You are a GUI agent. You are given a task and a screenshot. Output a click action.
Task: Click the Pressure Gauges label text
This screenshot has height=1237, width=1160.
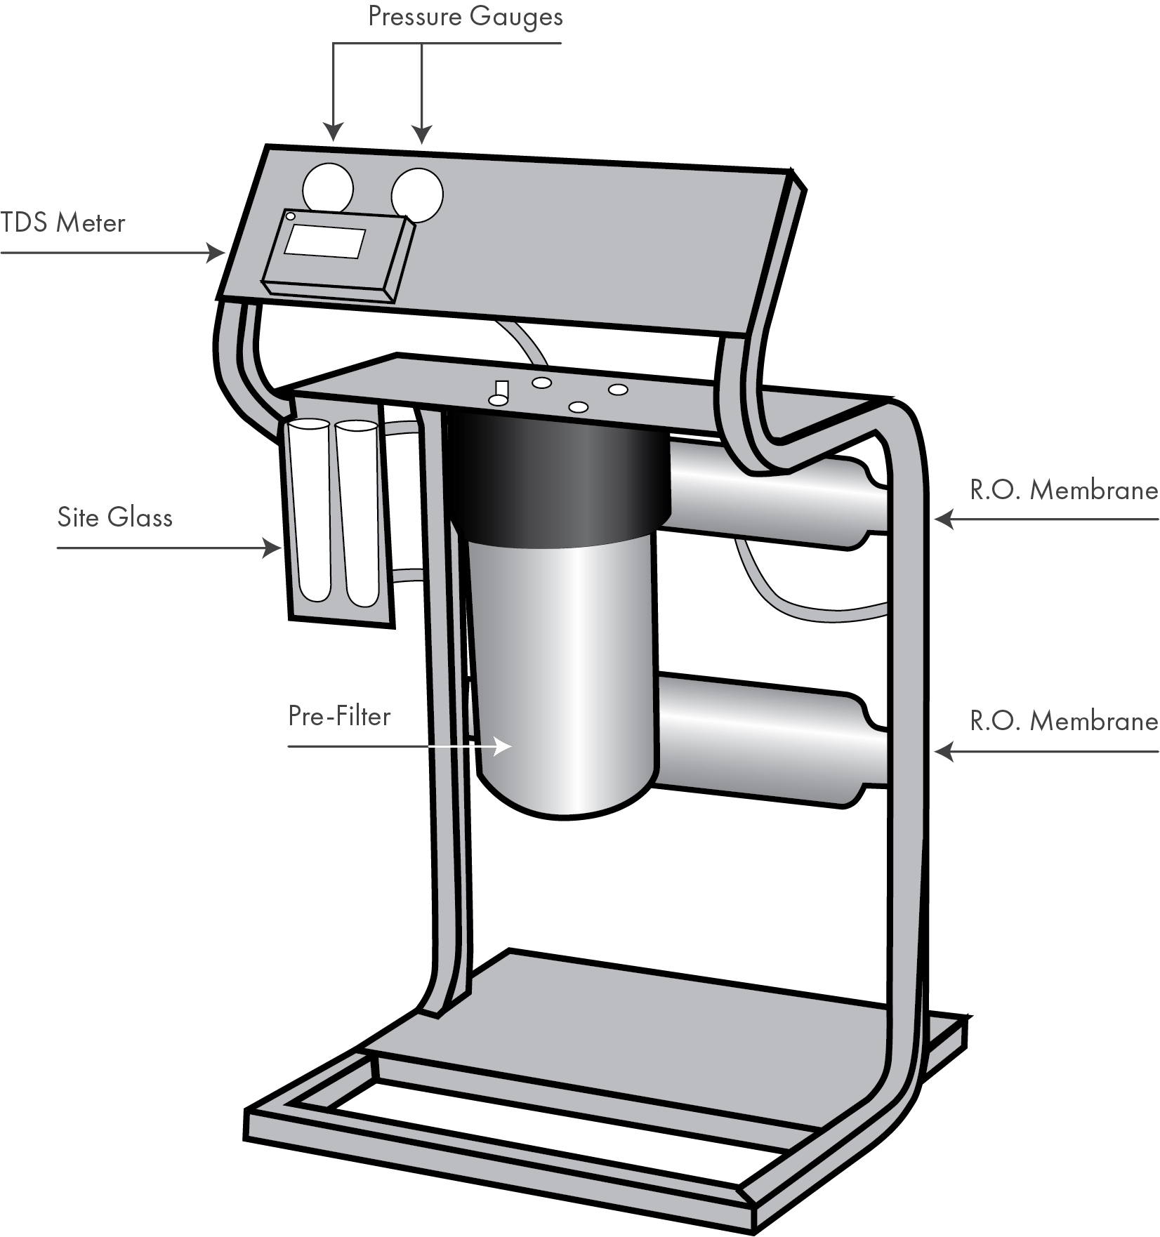(465, 17)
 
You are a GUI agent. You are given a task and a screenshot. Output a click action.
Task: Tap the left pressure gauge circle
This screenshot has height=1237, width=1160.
(327, 188)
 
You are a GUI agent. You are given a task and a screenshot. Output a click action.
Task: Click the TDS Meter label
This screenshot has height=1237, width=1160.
(63, 223)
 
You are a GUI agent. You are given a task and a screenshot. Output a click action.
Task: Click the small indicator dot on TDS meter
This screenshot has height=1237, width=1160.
(291, 217)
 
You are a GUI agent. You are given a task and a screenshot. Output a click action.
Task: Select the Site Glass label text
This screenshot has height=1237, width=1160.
(114, 518)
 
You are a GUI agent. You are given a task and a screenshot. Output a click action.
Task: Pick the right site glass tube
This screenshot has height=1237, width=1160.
(358, 512)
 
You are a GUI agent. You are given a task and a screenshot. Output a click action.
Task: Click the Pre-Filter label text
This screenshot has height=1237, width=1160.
(339, 716)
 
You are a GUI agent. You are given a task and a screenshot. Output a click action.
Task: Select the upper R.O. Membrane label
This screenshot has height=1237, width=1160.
(1063, 490)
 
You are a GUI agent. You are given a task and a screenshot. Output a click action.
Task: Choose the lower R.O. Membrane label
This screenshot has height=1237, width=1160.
(1063, 722)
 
